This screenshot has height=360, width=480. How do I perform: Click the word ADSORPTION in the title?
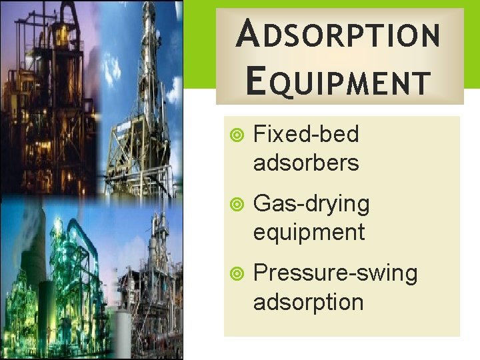pyautogui.click(x=338, y=35)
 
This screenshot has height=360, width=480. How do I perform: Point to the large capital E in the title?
pyautogui.click(x=254, y=81)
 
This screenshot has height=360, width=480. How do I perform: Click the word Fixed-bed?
pyautogui.click(x=306, y=135)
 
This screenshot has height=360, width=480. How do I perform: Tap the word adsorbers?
pyautogui.click(x=306, y=163)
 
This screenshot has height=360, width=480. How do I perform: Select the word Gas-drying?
pyautogui.click(x=311, y=204)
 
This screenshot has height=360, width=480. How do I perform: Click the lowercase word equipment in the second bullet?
pyautogui.click(x=309, y=232)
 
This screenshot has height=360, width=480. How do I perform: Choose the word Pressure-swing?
pyautogui.click(x=335, y=273)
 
